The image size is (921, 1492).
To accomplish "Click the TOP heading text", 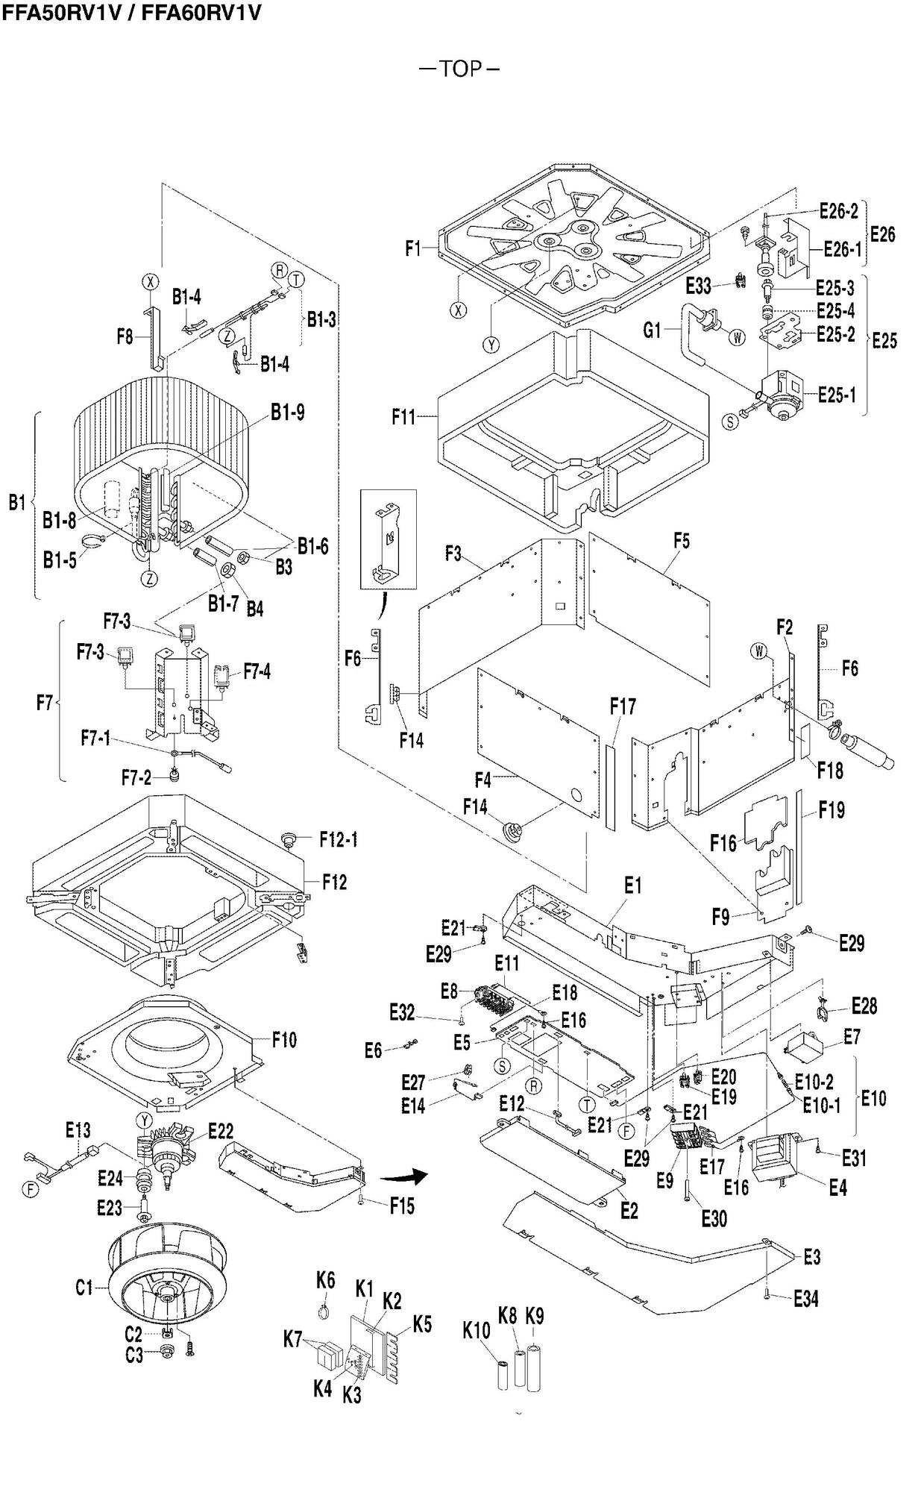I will pyautogui.click(x=459, y=69).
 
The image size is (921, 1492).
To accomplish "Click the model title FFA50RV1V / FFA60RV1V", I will pyautogui.click(x=131, y=13).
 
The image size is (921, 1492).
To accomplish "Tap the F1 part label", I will pyautogui.click(x=413, y=248).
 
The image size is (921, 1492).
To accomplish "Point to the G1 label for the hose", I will pyautogui.click(x=652, y=330).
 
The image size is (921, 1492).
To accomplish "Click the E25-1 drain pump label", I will pyautogui.click(x=837, y=395).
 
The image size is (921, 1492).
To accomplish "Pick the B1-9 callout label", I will pyautogui.click(x=287, y=413).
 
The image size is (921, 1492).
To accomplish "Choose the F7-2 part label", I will pyautogui.click(x=136, y=778).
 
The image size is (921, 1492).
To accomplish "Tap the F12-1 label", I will pyautogui.click(x=339, y=840).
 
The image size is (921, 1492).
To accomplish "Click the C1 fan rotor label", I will pyautogui.click(x=84, y=1287).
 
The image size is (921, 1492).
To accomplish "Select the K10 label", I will pyautogui.click(x=477, y=1330).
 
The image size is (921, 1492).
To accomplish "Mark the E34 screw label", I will pyautogui.click(x=805, y=1299).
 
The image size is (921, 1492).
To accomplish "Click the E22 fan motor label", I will pyautogui.click(x=221, y=1131).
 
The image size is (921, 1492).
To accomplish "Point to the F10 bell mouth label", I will pyautogui.click(x=284, y=1040).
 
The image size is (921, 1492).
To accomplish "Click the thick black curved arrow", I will pyautogui.click(x=403, y=1176).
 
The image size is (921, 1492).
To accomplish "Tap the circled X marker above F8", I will pyautogui.click(x=151, y=281).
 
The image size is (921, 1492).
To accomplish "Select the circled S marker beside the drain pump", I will pyautogui.click(x=731, y=421).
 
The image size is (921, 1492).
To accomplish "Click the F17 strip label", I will pyautogui.click(x=623, y=706).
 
